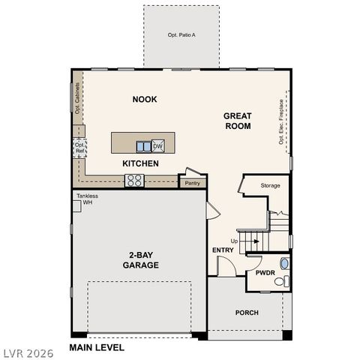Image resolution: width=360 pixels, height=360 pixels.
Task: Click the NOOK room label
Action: click(x=145, y=100)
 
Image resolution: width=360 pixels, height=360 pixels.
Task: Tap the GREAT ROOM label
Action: click(x=237, y=121)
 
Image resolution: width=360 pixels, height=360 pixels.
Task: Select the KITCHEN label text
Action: click(x=141, y=163)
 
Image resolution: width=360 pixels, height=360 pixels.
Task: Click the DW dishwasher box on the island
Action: click(x=158, y=145)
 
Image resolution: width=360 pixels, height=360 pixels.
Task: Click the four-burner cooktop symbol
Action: click(x=134, y=180)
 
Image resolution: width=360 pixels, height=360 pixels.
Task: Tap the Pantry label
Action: click(x=193, y=182)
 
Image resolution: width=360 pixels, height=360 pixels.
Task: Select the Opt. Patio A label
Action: click(x=181, y=35)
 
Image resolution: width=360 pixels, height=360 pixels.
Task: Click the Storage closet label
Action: click(x=270, y=184)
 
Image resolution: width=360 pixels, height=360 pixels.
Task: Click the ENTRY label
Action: click(x=223, y=250)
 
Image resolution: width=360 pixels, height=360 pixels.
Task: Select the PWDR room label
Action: click(x=265, y=273)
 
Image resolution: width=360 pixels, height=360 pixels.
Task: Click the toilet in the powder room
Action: click(x=280, y=282)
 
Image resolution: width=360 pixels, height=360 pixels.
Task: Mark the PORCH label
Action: click(x=247, y=313)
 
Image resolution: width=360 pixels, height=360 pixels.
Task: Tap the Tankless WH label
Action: click(x=87, y=199)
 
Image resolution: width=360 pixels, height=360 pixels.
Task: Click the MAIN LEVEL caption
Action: click(x=97, y=347)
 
